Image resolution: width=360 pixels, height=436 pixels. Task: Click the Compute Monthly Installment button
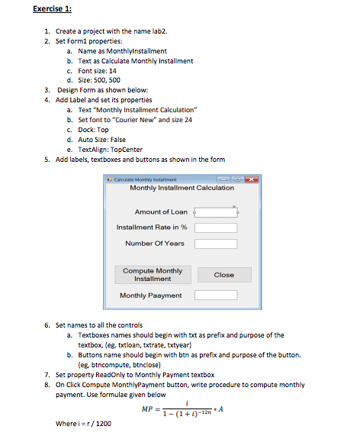(x=153, y=274)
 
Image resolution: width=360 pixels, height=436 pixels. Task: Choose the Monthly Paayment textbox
(x=215, y=295)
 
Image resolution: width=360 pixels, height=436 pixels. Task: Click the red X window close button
(x=233, y=179)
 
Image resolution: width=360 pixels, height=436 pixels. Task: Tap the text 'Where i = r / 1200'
(x=84, y=423)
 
